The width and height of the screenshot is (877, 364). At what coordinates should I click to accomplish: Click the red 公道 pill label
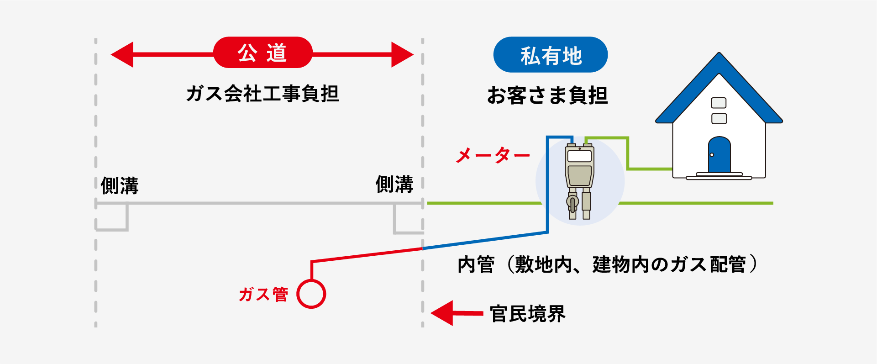coord(263,53)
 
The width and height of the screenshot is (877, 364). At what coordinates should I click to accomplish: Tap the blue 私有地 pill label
coord(551,55)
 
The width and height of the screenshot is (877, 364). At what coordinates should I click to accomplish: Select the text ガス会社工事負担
coord(263,94)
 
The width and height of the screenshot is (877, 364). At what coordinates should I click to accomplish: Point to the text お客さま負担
coord(547,95)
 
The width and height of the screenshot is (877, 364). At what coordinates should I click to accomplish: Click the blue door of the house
coord(719,154)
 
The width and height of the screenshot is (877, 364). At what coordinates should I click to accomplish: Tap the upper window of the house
coord(719,103)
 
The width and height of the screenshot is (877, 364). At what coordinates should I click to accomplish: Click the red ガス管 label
coord(263,295)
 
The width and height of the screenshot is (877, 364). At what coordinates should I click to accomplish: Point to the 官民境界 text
coord(527,314)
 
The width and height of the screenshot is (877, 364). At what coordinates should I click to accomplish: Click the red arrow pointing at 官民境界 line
coord(457,313)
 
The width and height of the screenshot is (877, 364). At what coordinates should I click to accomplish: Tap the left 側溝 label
coord(120,186)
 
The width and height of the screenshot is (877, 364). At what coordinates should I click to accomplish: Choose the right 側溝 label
coord(394,184)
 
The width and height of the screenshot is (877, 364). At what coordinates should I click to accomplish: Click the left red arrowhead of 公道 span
coord(122,55)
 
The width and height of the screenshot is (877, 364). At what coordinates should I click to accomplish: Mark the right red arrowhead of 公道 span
coord(402,55)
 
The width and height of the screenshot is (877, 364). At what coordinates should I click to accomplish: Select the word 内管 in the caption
coord(476,265)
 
